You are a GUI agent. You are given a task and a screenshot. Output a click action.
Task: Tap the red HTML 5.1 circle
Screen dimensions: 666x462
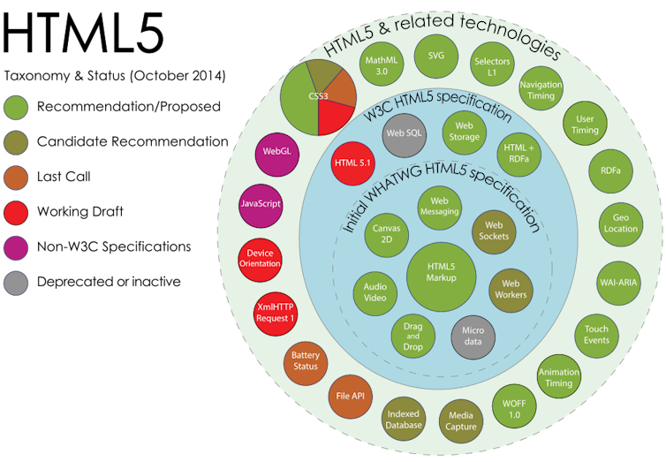(352, 163)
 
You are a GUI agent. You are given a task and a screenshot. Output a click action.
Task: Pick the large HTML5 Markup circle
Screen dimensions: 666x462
(441, 276)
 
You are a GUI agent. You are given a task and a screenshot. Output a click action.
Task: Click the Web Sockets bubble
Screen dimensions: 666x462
(494, 232)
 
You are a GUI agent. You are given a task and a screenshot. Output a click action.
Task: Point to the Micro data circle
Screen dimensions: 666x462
(473, 337)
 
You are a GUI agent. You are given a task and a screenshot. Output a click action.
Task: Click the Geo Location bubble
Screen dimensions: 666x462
(621, 224)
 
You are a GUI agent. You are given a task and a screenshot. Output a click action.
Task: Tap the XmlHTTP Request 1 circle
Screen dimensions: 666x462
(276, 314)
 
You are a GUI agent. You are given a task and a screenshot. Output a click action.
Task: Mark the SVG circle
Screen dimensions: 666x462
(436, 56)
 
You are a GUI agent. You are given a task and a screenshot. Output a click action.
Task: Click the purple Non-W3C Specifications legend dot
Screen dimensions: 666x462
(16, 248)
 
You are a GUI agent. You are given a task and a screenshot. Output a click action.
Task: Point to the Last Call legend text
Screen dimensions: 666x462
(64, 177)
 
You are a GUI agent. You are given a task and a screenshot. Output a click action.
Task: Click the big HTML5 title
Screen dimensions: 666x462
(83, 33)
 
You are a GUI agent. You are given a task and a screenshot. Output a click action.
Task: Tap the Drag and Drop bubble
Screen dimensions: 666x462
(412, 337)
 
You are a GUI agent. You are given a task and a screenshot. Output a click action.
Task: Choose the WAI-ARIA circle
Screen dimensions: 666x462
(618, 283)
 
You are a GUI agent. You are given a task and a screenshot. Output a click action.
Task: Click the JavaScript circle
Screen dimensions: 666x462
(261, 206)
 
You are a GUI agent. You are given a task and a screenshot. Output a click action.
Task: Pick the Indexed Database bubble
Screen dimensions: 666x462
(403, 419)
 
